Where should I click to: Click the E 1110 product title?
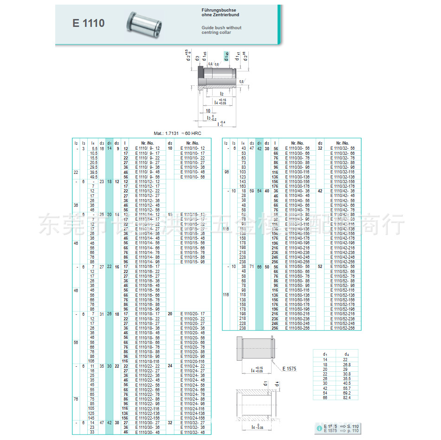coord(88,23)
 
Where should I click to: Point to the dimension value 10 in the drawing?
coord(208,110)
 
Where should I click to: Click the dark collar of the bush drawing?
coord(201,72)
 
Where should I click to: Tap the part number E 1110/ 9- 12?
coord(147,148)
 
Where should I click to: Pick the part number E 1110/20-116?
coord(192,361)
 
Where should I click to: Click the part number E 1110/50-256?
coord(297,328)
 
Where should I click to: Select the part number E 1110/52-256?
coord(342,328)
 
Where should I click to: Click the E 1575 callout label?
coord(289,369)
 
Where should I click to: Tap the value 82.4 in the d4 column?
coord(347,398)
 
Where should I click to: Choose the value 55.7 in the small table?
coord(347,388)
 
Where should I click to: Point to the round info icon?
coord(319,428)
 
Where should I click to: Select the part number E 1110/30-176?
coord(297,186)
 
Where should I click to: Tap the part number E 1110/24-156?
coord(192,418)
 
